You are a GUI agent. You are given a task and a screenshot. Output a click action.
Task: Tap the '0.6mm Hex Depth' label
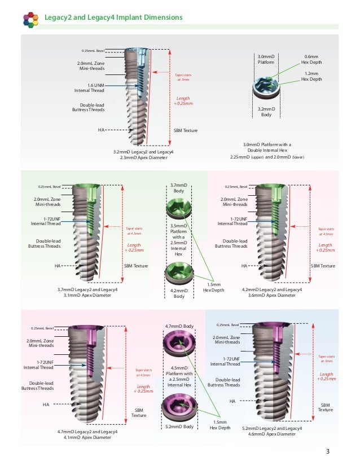pos(311,59)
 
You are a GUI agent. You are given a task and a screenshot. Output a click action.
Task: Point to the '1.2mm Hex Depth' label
pos(311,77)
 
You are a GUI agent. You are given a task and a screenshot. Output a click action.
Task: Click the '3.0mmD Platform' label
pos(266,59)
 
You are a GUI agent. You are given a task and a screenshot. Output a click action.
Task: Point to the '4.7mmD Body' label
pos(179,326)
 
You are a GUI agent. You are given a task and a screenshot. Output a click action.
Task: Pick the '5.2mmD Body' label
pos(179,427)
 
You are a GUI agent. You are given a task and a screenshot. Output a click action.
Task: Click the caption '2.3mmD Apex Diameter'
pos(143,158)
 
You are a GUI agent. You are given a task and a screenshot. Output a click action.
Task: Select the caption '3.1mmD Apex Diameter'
pos(84,295)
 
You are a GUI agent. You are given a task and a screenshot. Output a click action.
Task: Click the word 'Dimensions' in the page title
pos(161,17)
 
